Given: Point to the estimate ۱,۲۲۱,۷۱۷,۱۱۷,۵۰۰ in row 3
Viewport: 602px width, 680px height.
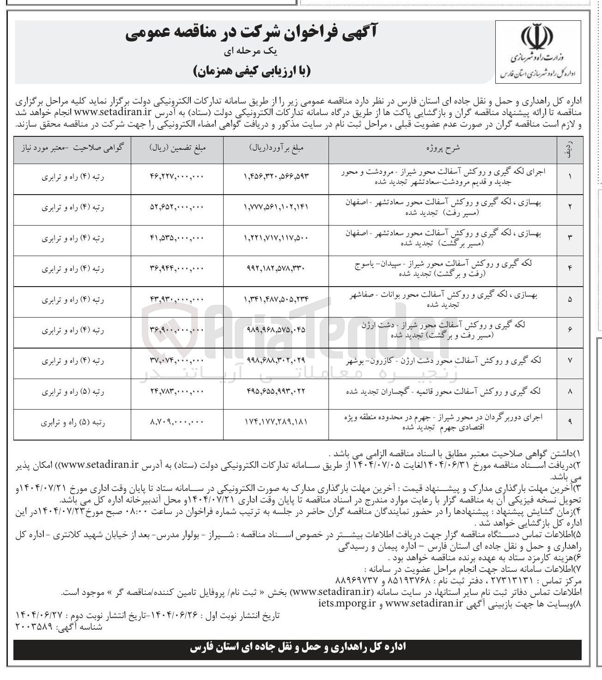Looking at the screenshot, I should (x=275, y=239).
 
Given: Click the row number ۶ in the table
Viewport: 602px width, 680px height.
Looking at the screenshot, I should (x=570, y=329).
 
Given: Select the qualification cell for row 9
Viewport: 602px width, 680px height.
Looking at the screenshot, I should (x=72, y=422).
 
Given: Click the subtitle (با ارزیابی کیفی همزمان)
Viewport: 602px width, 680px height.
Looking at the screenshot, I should (x=252, y=71).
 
